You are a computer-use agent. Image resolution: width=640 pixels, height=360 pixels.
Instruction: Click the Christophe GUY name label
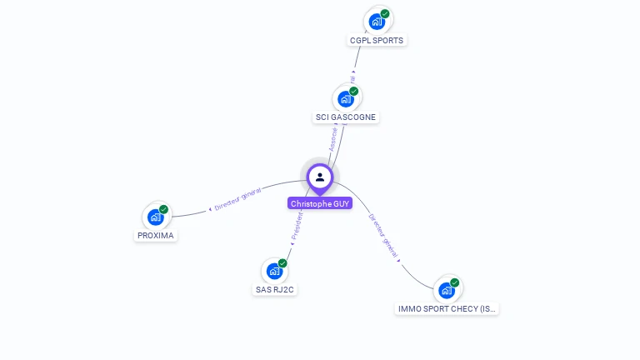coord(320,203)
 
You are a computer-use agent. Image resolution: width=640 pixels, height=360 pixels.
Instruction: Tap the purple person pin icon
coord(320,177)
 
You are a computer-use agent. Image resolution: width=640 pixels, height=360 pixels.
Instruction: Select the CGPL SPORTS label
coord(377,40)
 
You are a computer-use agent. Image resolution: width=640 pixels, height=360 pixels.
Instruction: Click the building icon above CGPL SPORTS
coord(377,22)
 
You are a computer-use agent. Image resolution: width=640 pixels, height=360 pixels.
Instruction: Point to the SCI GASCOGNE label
coord(346,117)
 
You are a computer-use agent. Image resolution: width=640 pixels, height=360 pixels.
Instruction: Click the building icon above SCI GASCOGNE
coord(345,99)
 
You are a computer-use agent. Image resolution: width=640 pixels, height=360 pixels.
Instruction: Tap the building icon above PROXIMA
coord(155,217)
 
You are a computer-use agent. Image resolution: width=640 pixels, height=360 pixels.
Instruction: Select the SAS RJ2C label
coord(275,290)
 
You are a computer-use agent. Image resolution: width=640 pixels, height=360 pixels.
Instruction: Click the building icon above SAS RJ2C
coord(274,271)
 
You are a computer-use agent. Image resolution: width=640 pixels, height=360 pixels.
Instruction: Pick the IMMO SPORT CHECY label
coord(447,309)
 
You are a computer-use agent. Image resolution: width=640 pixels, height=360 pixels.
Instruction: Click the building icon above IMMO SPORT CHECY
coord(447,290)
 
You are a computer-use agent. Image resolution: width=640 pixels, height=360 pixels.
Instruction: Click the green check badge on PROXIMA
coord(163,209)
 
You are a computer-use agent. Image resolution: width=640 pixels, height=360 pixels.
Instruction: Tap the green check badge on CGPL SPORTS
coord(385,13)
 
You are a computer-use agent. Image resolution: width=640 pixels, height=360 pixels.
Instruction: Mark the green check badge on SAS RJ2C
coord(282,262)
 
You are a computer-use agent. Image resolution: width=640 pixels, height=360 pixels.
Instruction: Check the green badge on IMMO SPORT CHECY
coord(455,282)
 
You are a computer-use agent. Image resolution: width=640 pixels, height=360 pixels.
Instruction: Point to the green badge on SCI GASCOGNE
coord(353,91)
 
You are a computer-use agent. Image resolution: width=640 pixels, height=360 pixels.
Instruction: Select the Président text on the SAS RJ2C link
coord(297,227)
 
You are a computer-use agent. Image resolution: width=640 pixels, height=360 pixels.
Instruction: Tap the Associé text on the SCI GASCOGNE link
coord(333,138)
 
